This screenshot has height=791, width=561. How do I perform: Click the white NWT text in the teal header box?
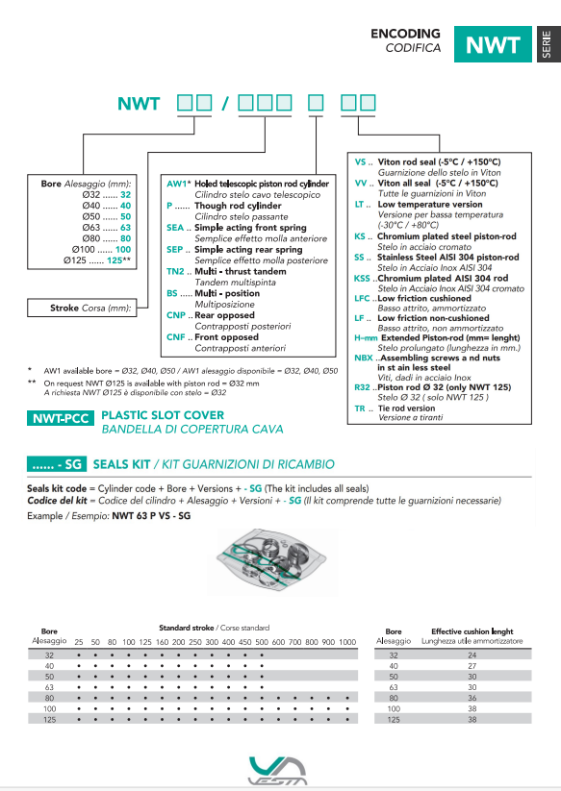click(x=493, y=45)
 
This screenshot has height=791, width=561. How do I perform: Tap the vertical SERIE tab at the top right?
click(x=547, y=44)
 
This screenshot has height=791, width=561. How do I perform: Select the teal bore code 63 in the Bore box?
click(x=126, y=228)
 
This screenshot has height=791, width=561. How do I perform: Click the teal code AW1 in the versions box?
click(x=177, y=184)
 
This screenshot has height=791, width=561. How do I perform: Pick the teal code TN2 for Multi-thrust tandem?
click(x=175, y=271)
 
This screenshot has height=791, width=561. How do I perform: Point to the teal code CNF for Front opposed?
click(x=176, y=337)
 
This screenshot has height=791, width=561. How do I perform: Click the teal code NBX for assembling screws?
click(x=364, y=358)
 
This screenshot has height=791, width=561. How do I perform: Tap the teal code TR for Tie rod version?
click(x=360, y=408)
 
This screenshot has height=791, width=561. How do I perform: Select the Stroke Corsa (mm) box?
click(x=82, y=308)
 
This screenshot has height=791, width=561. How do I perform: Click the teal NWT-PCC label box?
click(x=60, y=418)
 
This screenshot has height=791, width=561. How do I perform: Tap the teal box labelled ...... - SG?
click(x=57, y=464)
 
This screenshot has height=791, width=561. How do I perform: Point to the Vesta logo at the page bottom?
click(x=278, y=771)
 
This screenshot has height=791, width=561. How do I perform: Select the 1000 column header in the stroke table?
click(x=347, y=642)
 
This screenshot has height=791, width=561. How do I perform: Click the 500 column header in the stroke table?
click(x=262, y=642)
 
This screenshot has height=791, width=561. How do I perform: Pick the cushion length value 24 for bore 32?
click(x=472, y=655)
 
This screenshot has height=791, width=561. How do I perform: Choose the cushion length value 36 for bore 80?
click(x=472, y=698)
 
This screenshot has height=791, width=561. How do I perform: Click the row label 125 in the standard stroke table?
click(x=49, y=719)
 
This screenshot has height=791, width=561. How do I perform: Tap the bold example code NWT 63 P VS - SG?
click(x=151, y=515)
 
